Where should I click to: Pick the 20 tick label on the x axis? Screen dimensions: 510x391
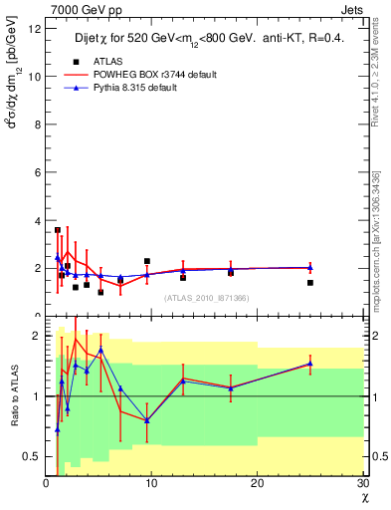coord(257,483)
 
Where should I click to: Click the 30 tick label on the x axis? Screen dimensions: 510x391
coord(362,483)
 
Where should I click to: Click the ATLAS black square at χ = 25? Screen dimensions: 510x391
coord(310,283)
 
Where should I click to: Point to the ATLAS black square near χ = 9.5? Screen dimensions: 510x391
coord(147,261)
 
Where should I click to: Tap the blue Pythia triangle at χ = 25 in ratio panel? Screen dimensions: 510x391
coord(310,364)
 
